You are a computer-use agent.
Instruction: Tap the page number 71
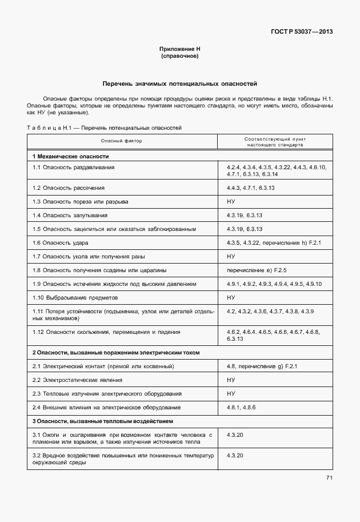click(329, 477)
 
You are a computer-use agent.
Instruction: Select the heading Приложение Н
click(179, 50)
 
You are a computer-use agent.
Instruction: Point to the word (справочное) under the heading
click(179, 57)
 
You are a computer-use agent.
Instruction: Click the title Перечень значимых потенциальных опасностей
click(179, 83)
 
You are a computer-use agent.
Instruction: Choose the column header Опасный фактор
click(122, 141)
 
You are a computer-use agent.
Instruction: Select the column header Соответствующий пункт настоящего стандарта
click(275, 141)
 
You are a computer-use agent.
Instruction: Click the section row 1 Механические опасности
click(70, 156)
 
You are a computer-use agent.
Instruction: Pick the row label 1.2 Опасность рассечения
click(69, 188)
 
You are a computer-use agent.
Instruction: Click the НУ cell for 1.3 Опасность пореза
click(231, 201)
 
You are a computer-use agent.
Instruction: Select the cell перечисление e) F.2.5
click(257, 270)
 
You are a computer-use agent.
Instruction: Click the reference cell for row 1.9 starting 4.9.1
click(274, 284)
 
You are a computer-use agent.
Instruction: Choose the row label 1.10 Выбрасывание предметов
click(75, 297)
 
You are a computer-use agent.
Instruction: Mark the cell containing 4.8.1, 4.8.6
click(242, 407)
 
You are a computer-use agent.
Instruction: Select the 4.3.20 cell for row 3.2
click(235, 455)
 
